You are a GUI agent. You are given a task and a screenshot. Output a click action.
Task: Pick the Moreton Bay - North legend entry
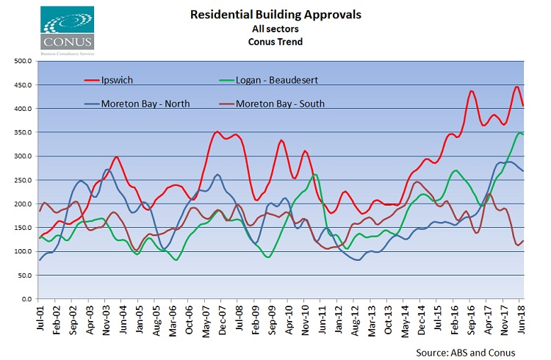tap(145, 104)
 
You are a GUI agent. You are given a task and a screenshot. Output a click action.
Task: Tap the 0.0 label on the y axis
tap(24, 300)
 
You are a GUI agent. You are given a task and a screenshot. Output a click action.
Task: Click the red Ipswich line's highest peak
tap(516, 87)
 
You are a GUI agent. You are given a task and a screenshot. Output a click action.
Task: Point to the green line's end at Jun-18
tap(523, 134)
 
